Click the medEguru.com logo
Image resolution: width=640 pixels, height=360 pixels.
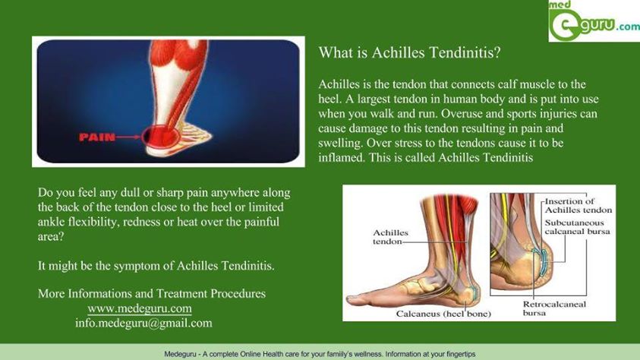click(x=594, y=21)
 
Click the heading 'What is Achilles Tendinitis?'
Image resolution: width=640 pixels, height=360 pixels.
click(x=409, y=52)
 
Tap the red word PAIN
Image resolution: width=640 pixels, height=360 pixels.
click(x=97, y=137)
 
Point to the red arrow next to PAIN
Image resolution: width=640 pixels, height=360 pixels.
click(x=128, y=137)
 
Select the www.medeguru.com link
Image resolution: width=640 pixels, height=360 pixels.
click(x=140, y=308)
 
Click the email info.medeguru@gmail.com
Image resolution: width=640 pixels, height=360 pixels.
click(x=143, y=324)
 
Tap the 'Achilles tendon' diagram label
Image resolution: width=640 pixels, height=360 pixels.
click(x=390, y=237)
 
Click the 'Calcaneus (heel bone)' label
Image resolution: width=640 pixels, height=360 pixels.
click(x=443, y=314)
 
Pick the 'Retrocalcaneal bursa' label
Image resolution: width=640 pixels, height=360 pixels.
click(x=554, y=308)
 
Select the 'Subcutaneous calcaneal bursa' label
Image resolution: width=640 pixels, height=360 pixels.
click(x=577, y=227)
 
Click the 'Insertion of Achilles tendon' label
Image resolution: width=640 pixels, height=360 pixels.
click(x=579, y=206)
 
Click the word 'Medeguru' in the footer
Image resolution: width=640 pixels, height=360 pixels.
click(x=179, y=354)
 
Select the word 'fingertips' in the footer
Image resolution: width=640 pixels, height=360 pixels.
click(x=459, y=354)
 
